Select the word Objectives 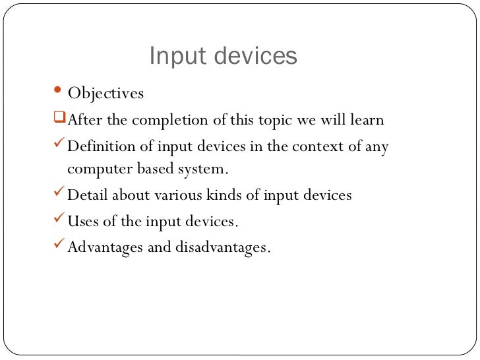(105, 94)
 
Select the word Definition (100, 146)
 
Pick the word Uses (83, 221)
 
